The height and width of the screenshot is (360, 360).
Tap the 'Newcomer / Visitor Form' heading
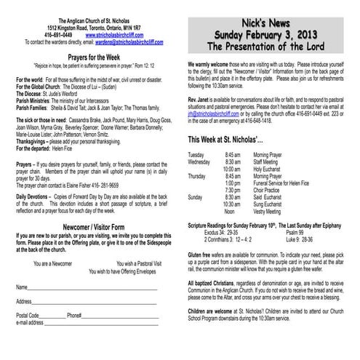pyautogui.click(x=92, y=227)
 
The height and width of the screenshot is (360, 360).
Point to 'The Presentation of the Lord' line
pyautogui.click(x=271, y=46)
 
